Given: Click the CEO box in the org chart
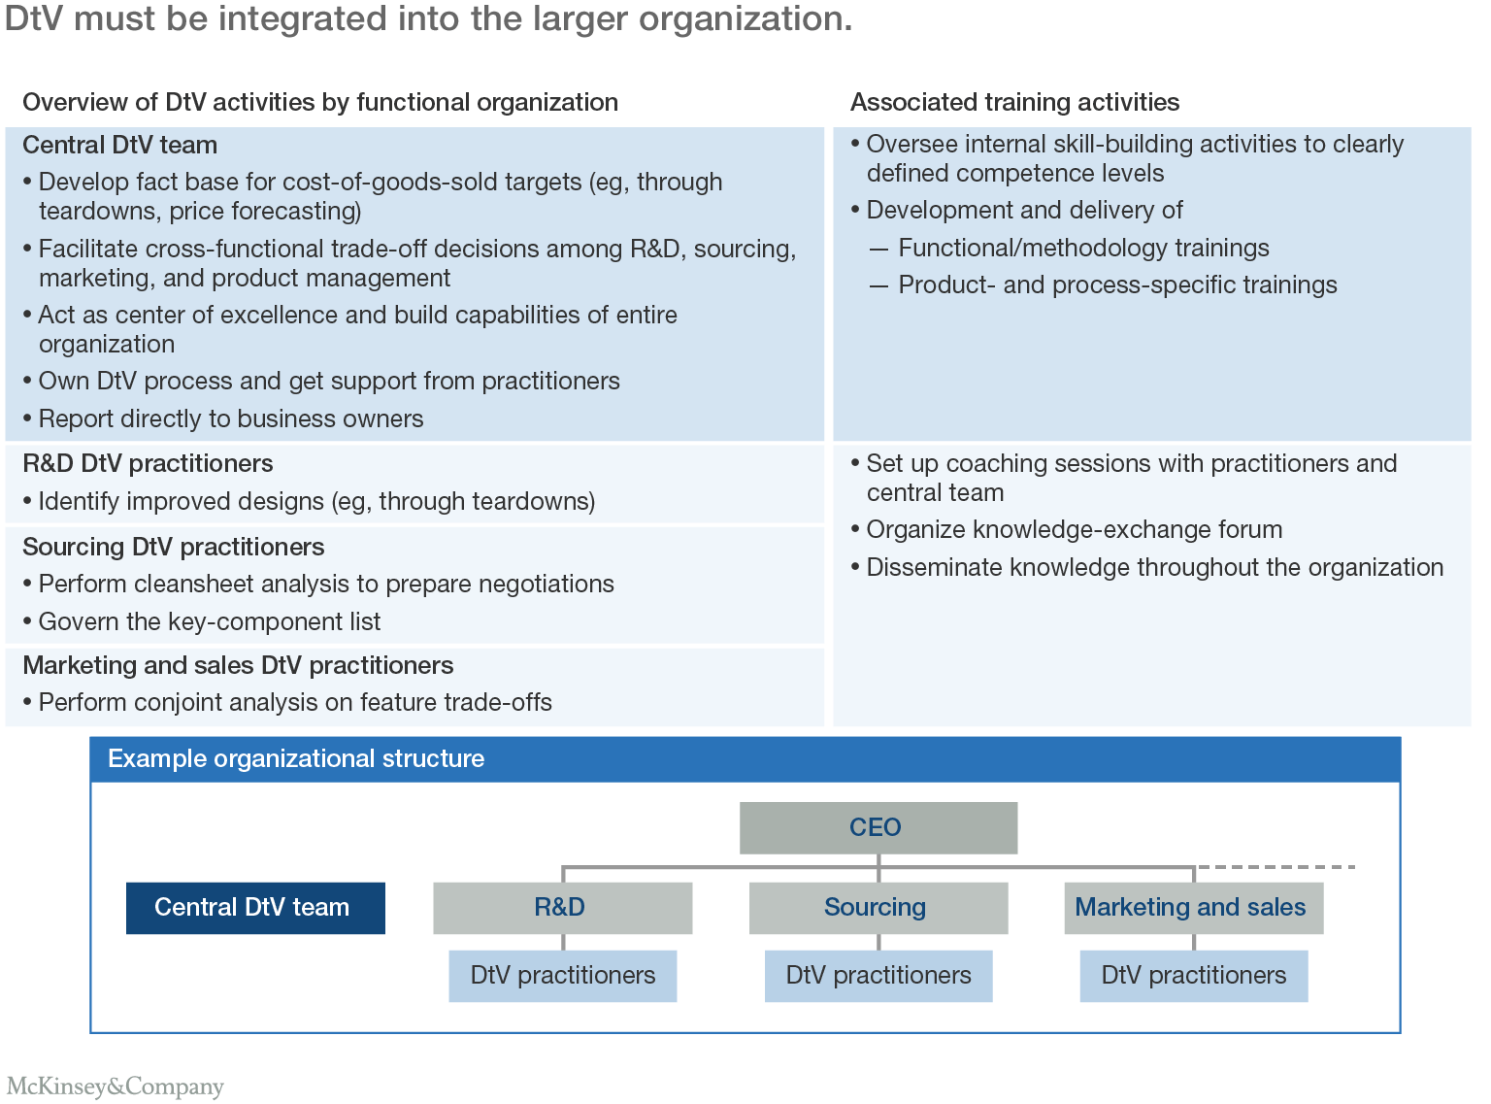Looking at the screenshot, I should tap(878, 827).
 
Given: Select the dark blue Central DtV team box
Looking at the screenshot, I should tap(255, 908).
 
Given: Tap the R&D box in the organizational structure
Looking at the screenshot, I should tap(562, 908).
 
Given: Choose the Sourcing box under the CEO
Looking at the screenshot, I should tap(878, 908).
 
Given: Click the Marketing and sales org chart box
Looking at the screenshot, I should tap(1193, 908).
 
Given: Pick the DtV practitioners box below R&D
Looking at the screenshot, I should tap(562, 976).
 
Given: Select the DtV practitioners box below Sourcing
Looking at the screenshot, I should tap(878, 976).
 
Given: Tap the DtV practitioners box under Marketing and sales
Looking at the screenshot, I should tap(1193, 976).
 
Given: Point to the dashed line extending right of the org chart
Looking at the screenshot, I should tap(1276, 866).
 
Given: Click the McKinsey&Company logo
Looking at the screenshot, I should tap(115, 1086).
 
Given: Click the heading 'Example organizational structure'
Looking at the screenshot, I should tap(296, 759).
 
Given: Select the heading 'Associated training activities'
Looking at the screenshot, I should tap(1014, 102).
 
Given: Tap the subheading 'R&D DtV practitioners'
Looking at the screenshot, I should tap(148, 464).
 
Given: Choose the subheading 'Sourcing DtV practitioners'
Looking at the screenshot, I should tap(173, 547).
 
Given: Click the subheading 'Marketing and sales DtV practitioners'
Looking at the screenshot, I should tap(238, 665).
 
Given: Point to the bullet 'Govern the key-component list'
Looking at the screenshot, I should tap(209, 621).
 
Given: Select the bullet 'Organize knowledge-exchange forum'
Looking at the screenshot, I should tap(1074, 530).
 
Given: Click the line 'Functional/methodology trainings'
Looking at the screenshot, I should tap(1083, 249).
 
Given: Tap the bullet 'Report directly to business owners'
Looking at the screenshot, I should tap(230, 419).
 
